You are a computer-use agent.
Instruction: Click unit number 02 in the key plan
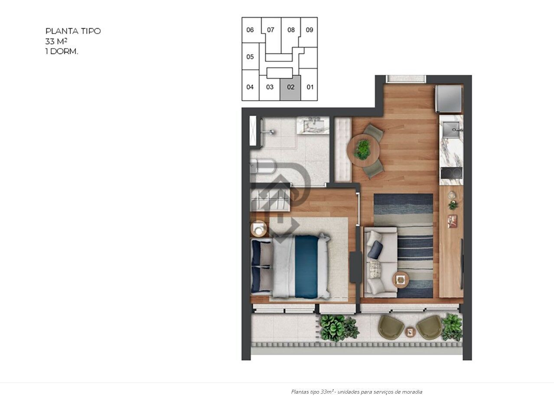tap(290, 87)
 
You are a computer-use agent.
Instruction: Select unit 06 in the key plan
tap(250, 30)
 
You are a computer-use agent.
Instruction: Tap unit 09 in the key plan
tap(309, 30)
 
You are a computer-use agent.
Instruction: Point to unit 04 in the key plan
tap(250, 87)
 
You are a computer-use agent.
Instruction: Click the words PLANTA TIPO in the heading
tap(73, 31)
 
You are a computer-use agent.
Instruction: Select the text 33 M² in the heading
tap(56, 42)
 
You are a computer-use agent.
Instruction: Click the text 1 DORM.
tap(62, 51)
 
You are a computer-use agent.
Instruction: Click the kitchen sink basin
tap(451, 129)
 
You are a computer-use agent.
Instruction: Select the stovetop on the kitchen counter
tap(451, 173)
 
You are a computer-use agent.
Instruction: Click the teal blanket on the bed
tap(306, 266)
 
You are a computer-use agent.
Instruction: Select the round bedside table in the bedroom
tap(260, 228)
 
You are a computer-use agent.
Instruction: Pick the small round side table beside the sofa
tap(401, 279)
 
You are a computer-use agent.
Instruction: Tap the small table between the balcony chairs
tap(410, 332)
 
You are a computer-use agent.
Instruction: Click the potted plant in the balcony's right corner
tap(452, 327)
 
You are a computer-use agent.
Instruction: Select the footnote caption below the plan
tap(356, 392)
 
